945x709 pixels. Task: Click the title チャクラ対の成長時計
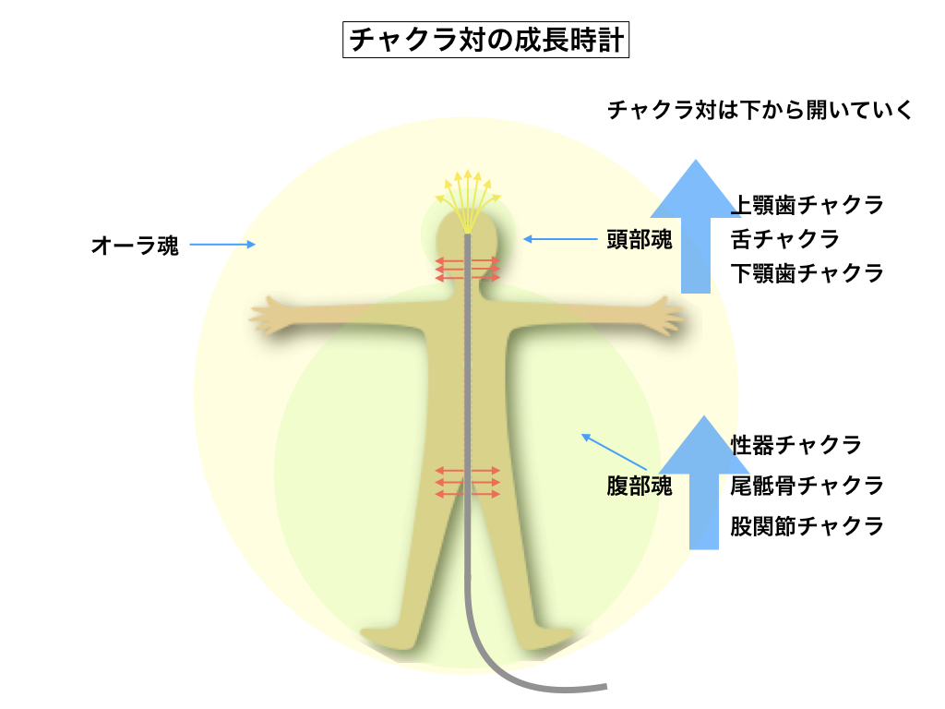(x=485, y=42)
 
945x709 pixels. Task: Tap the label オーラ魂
(x=135, y=246)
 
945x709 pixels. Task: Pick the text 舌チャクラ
(x=784, y=239)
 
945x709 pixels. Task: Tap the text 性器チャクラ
(x=795, y=445)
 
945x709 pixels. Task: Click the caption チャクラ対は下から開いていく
(x=760, y=112)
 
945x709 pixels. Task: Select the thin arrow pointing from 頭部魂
(x=560, y=240)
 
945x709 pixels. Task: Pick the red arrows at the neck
(x=468, y=268)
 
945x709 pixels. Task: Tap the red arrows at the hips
(x=468, y=482)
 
